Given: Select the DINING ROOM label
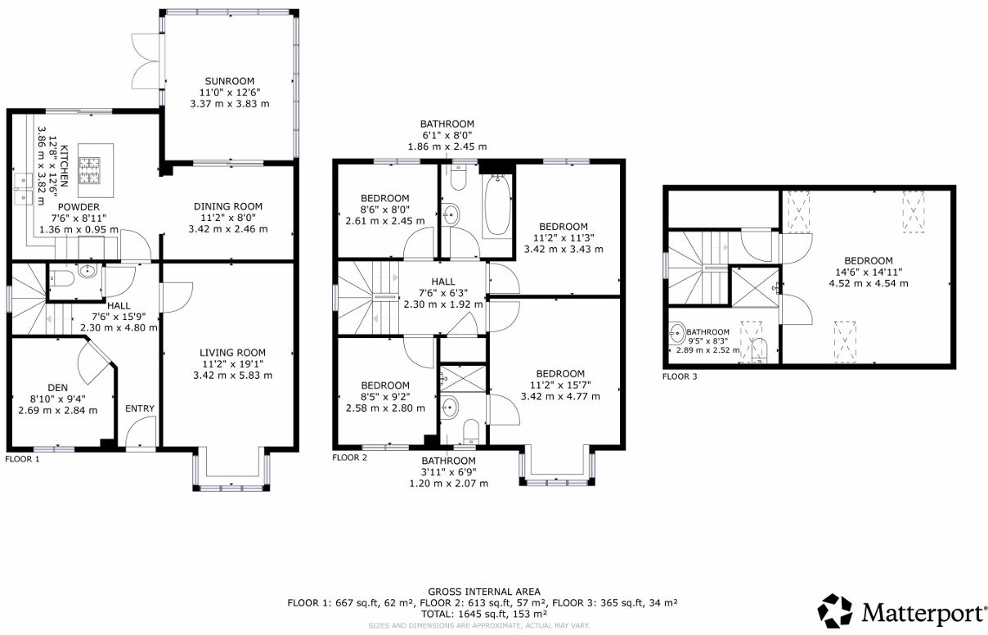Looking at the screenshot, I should click(x=228, y=206).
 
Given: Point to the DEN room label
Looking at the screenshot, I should click(x=57, y=387).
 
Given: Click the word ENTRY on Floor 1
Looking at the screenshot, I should click(x=140, y=408).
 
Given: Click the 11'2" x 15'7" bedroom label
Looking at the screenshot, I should click(x=560, y=374).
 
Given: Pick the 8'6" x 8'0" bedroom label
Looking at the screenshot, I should click(x=385, y=198).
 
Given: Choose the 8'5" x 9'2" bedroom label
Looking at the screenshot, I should click(x=385, y=385).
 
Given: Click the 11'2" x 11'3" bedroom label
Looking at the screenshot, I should click(x=564, y=227).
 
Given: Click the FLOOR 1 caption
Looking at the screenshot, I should click(x=22, y=459).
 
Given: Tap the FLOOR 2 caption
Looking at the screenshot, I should click(x=349, y=457).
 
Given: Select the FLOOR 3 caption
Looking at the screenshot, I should click(x=680, y=377).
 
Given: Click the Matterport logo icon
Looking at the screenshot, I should click(x=835, y=611).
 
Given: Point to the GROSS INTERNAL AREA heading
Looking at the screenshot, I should click(x=484, y=592).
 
